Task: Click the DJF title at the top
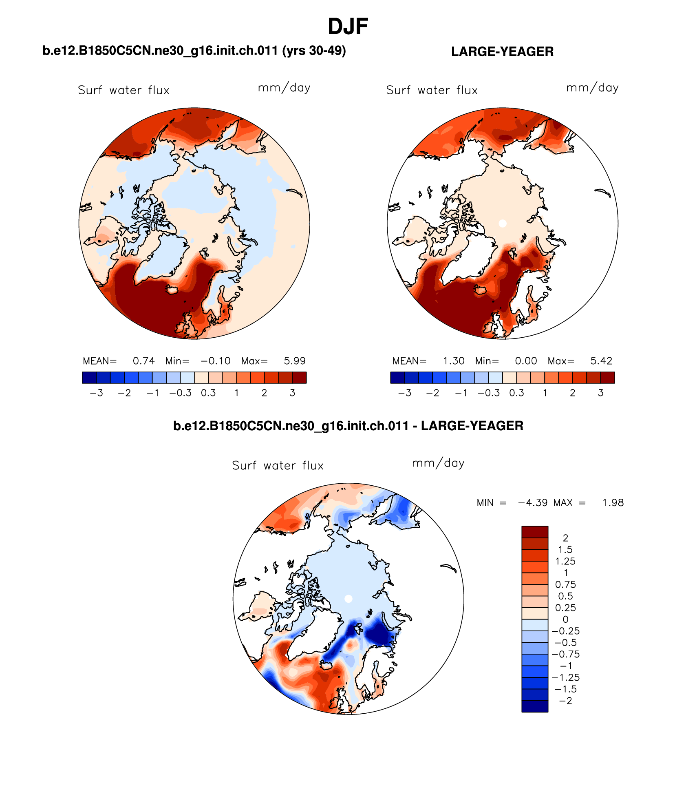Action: pos(348,27)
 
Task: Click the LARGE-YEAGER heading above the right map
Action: pos(502,52)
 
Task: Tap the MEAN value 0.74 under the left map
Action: pos(143,361)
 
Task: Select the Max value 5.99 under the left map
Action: pos(294,361)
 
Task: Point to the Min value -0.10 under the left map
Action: pos(215,361)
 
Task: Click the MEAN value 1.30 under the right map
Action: pos(454,361)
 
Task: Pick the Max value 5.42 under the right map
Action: pos(601,361)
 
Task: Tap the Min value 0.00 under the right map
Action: pos(526,361)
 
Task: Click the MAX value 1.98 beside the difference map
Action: pos(613,503)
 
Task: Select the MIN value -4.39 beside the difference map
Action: pos(532,503)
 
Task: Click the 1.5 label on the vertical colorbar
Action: pos(565,550)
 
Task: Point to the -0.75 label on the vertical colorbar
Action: pos(565,655)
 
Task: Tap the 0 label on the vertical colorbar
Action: pos(565,619)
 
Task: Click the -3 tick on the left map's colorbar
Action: pos(96,393)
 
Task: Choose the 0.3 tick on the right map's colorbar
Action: pos(516,393)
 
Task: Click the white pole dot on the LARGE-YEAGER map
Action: pos(503,223)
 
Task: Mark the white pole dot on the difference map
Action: pos(348,599)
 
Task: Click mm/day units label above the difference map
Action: pos(438,463)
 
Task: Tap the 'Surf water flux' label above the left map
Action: pos(124,90)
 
